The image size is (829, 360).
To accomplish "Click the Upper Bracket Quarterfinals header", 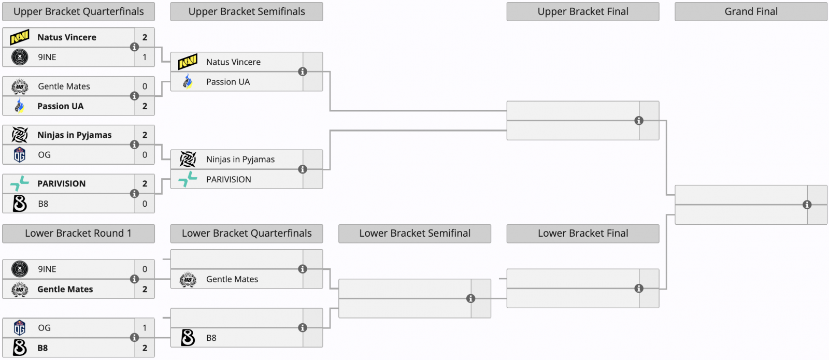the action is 78,11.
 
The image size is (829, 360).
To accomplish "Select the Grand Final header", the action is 751,11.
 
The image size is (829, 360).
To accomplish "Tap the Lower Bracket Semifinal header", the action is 414,234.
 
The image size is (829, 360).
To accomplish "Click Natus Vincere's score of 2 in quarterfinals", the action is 145,37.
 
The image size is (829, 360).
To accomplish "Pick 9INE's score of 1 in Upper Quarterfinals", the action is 145,57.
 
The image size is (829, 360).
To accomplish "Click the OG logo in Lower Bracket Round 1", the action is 20,328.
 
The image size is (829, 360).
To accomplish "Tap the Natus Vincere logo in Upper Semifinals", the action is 188,62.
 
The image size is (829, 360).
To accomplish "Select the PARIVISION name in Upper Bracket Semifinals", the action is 228,179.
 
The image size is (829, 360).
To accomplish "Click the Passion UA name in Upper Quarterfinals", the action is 60,106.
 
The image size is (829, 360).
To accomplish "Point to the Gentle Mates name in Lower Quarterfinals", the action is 232,279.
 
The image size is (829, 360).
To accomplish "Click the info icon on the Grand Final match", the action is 807,205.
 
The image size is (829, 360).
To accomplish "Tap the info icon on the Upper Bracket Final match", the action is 639,121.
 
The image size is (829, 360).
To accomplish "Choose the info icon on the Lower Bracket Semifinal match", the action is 471,298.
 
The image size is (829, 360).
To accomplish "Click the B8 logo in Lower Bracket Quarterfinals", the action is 188,338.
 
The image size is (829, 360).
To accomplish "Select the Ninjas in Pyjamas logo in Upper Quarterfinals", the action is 20,135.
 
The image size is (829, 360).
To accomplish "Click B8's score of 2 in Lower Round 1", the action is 145,348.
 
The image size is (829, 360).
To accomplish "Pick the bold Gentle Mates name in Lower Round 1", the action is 65,290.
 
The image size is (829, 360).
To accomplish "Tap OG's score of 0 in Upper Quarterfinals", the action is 145,155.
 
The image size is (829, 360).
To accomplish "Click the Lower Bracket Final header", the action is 583,234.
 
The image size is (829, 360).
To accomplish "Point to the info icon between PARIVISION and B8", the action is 134,194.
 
